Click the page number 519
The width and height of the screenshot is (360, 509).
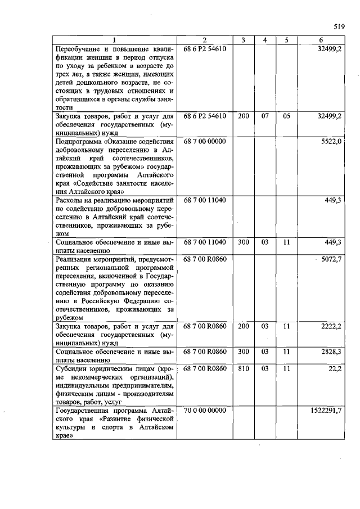(x=339, y=26)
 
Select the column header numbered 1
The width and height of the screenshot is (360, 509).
(x=114, y=40)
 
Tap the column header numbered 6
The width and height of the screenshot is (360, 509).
(x=321, y=40)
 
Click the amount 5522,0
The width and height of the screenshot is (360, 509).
(x=331, y=141)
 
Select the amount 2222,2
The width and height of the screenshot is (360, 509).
(x=331, y=327)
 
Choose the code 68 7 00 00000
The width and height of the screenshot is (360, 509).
(x=205, y=141)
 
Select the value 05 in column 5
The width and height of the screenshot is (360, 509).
(x=286, y=116)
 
